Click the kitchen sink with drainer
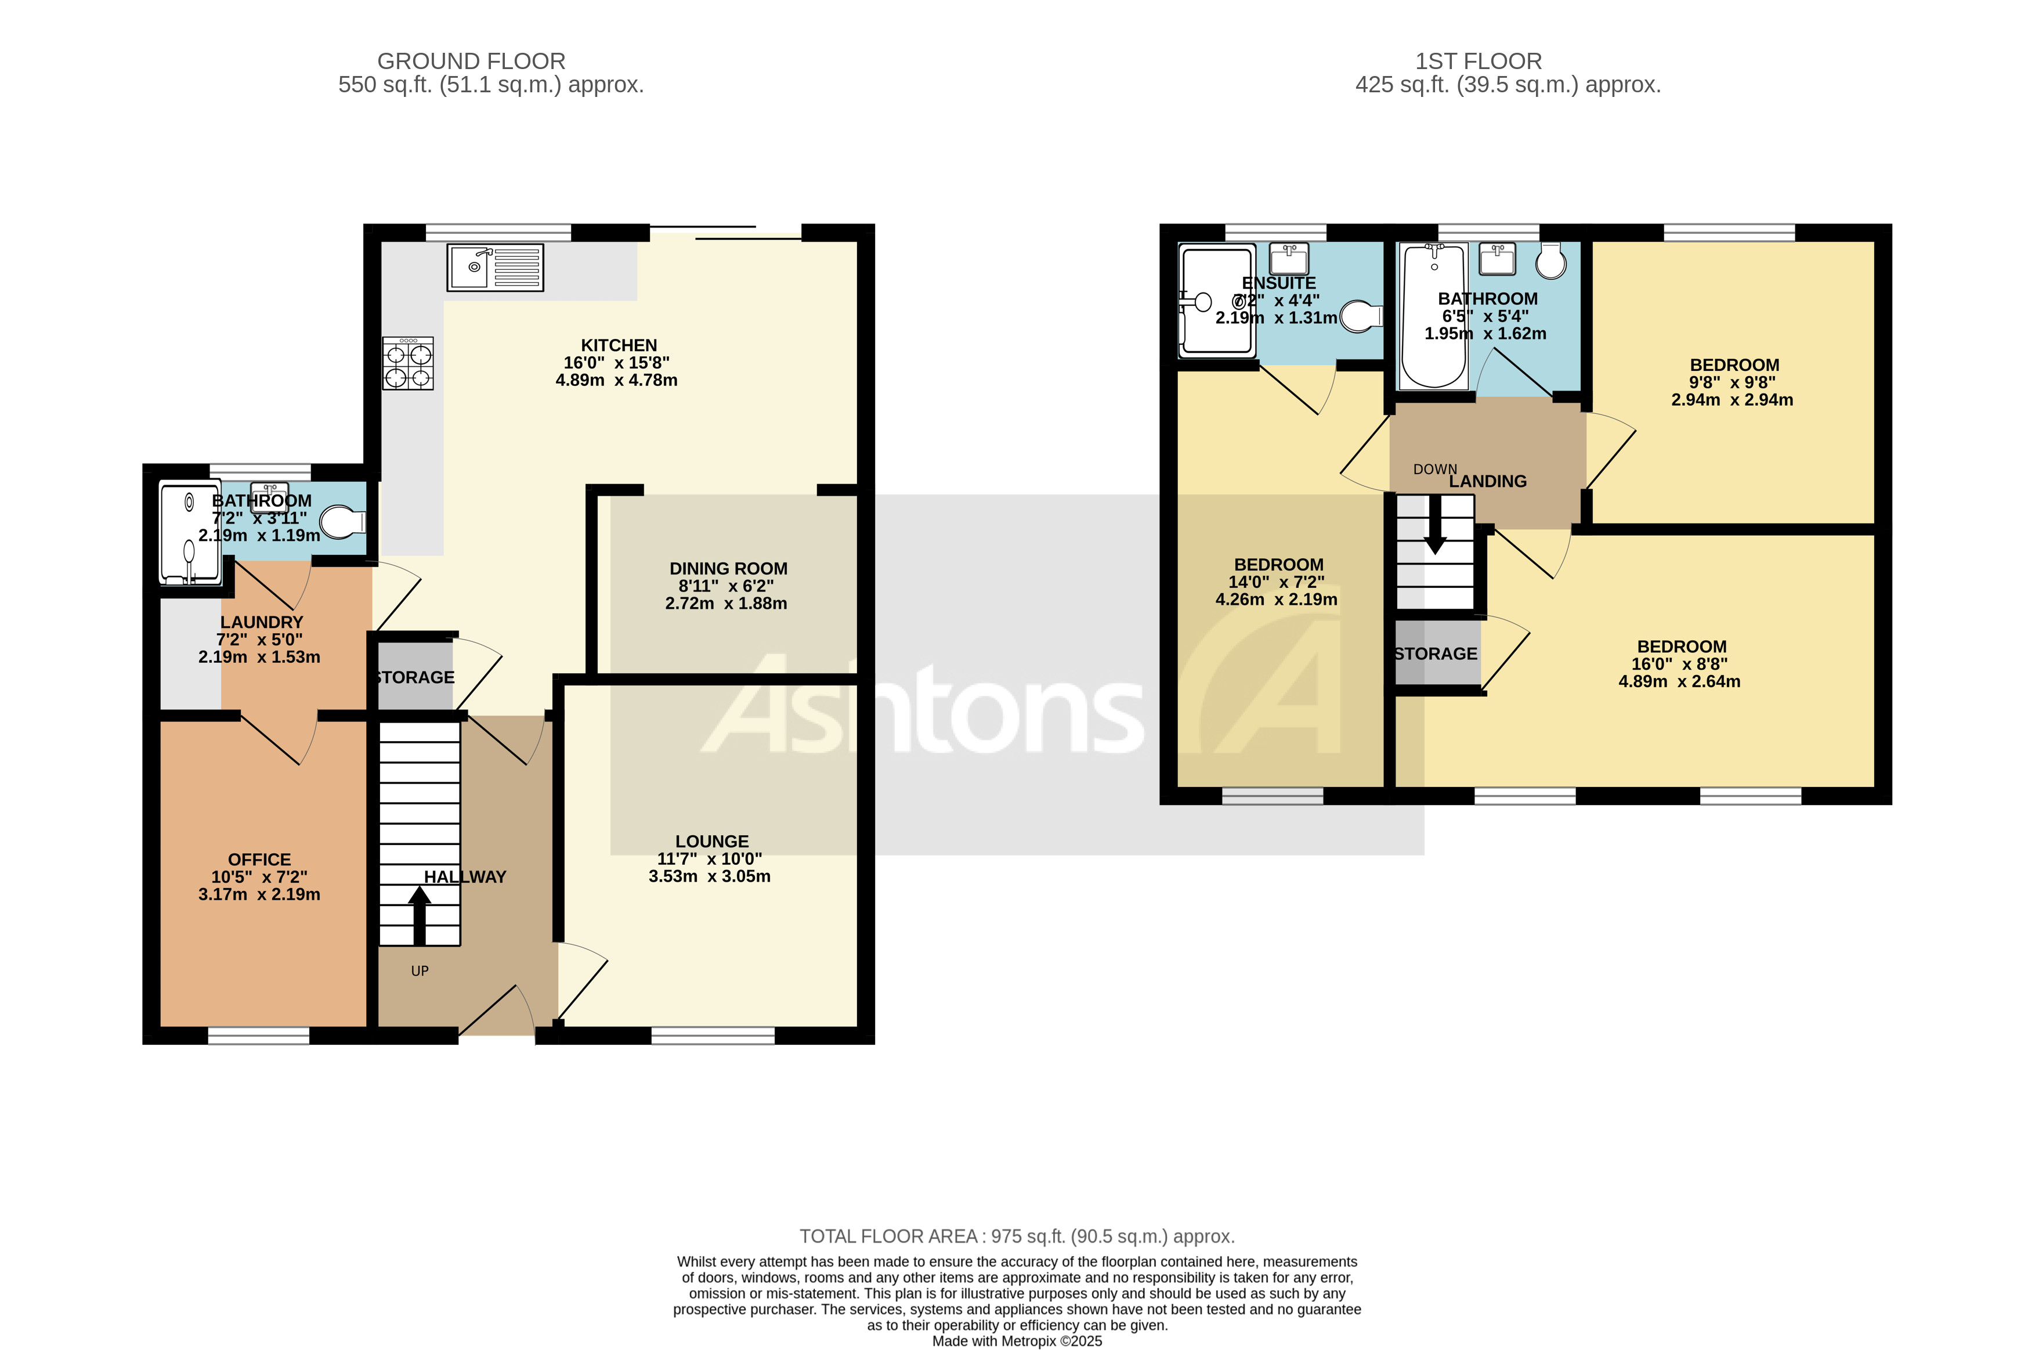[495, 267]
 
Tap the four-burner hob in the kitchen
[408, 363]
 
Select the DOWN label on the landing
[1434, 469]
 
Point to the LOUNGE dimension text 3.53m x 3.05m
[709, 876]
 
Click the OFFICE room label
[259, 859]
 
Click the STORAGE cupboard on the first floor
[1435, 654]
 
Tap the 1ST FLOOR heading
[1478, 61]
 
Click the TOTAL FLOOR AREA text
[1017, 1236]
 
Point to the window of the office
[258, 1036]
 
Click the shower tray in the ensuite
[1216, 299]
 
